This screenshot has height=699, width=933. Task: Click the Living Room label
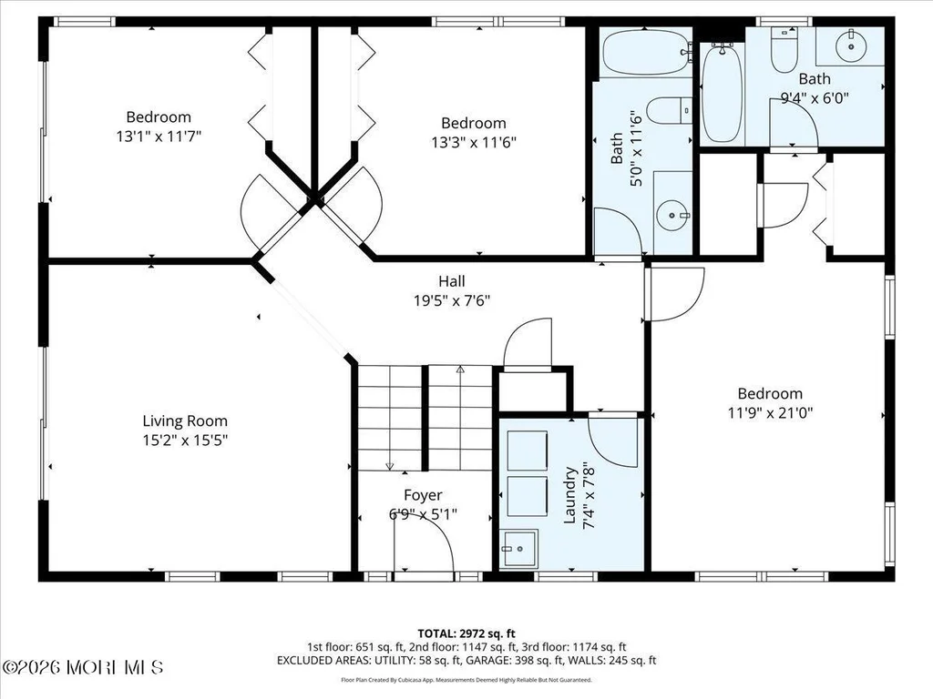pyautogui.click(x=185, y=421)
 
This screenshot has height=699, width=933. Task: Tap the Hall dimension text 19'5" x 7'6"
pyautogui.click(x=452, y=300)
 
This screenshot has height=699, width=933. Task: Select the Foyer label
pyautogui.click(x=423, y=495)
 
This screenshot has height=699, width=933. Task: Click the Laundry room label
pyautogui.click(x=570, y=495)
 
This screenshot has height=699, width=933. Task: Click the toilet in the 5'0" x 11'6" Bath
pyautogui.click(x=670, y=110)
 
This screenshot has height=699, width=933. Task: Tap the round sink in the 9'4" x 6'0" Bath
pyautogui.click(x=852, y=46)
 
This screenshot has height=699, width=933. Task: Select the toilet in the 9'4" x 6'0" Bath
pyautogui.click(x=784, y=50)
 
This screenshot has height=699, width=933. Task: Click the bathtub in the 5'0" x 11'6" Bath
pyautogui.click(x=647, y=52)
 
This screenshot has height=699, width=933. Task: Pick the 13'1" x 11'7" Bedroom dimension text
pyautogui.click(x=159, y=137)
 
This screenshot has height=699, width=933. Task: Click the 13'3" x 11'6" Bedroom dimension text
pyautogui.click(x=474, y=143)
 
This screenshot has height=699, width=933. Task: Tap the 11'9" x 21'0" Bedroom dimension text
pyautogui.click(x=771, y=412)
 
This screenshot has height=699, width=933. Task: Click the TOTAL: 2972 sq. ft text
pyautogui.click(x=466, y=633)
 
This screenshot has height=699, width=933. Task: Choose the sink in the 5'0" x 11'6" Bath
pyautogui.click(x=673, y=213)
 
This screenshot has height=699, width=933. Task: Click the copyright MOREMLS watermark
pyautogui.click(x=82, y=667)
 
